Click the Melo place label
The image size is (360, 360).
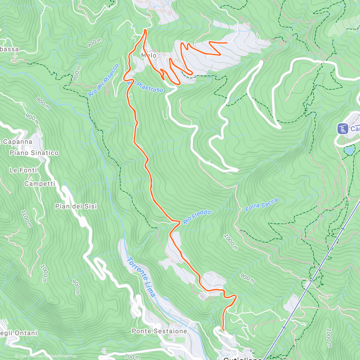coord(149,55)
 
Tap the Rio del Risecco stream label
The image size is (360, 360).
coord(103,80)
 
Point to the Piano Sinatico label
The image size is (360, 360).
coord(34,153)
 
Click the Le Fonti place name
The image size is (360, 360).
coord(23,170)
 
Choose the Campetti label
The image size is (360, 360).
coord(40,184)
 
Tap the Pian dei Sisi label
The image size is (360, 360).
coord(76,206)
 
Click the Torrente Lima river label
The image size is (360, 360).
coord(141,277)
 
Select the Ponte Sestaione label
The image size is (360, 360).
coord(159,331)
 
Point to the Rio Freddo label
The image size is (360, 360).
coord(197,217)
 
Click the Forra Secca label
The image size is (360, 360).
coord(262,205)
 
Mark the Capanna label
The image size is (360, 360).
coord(17,142)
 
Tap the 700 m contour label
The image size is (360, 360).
coord(132,357)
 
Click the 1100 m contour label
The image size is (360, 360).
coord(26,218)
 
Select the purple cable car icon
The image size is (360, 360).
coord(342,129)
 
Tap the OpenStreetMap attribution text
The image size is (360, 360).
coord(63,356)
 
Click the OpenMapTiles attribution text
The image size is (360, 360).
coord(31,356)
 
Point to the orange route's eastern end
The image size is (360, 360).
coord(227,43)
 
